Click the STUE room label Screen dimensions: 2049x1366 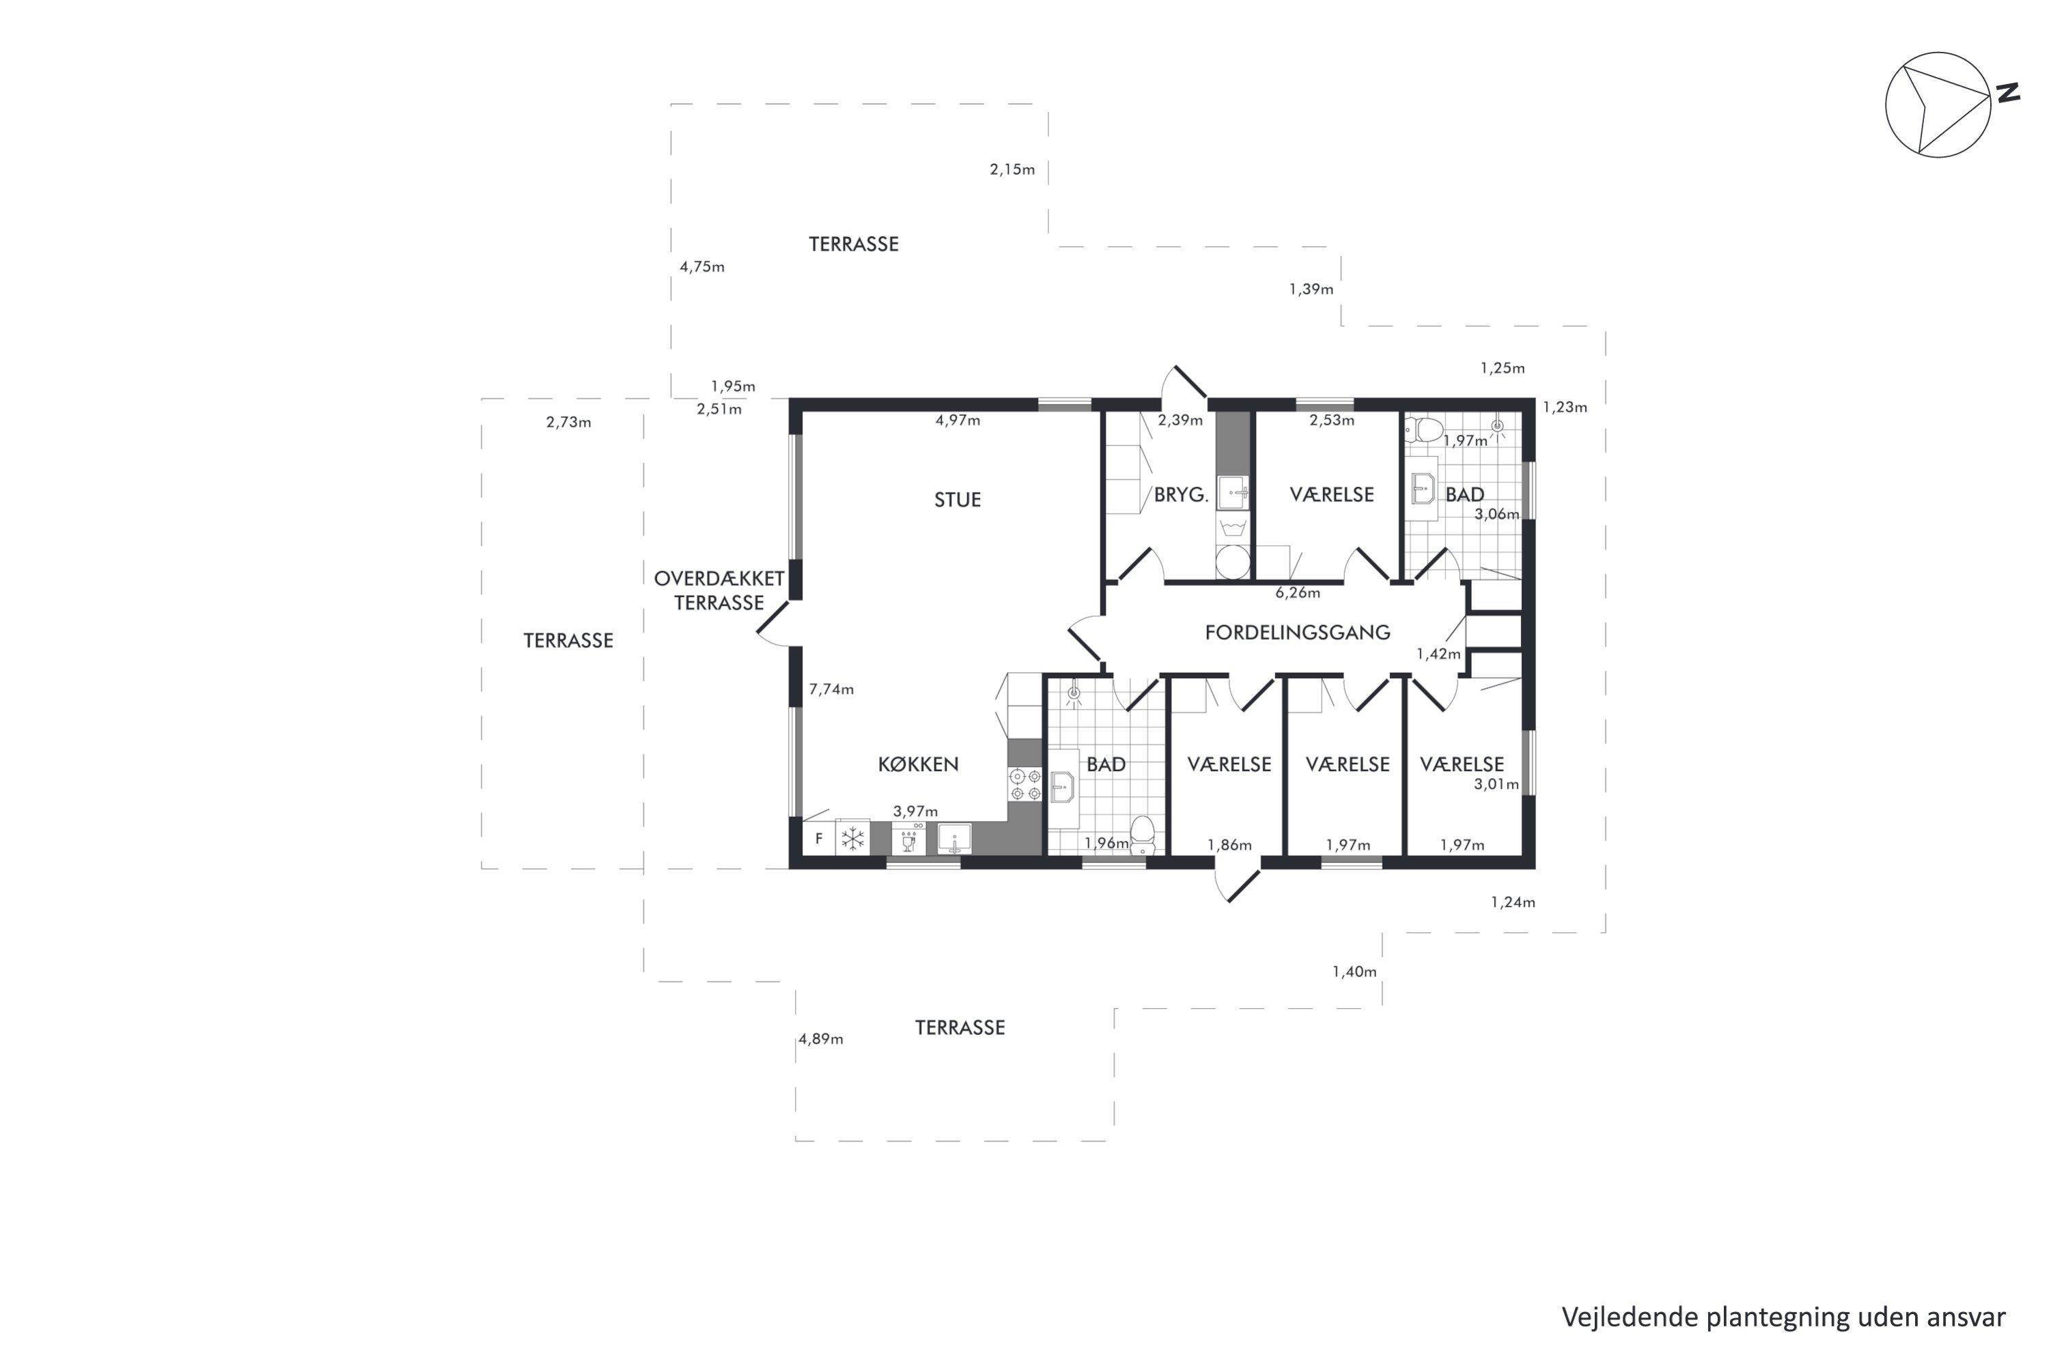pos(957,500)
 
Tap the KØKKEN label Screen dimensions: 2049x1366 pos(918,764)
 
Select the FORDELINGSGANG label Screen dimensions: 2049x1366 pos(1297,632)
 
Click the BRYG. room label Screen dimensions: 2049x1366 pos(1182,494)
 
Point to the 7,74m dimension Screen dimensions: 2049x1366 pos(831,689)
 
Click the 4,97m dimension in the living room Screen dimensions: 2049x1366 pos(958,420)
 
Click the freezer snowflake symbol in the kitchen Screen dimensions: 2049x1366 pos(852,839)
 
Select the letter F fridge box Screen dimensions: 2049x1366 pos(818,839)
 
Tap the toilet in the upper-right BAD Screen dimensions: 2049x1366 pos(1423,429)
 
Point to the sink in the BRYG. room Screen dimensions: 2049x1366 pos(1233,493)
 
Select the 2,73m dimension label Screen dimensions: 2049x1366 pos(568,423)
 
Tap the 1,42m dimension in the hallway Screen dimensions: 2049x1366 pos(1438,654)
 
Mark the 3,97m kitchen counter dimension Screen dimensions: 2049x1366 pos(916,811)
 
